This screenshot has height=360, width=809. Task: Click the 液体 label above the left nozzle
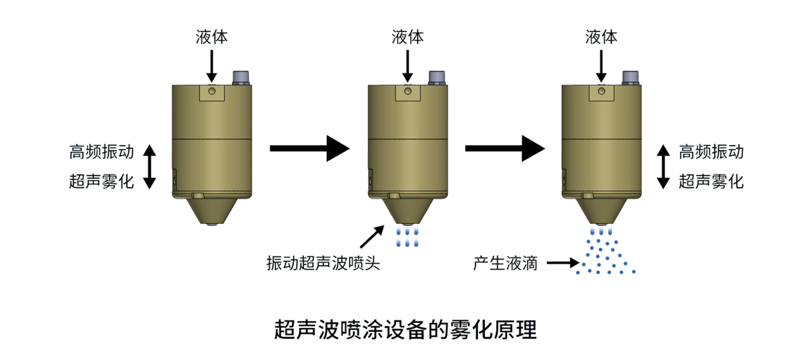coord(212,37)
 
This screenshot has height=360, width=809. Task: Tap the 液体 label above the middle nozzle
coord(407,37)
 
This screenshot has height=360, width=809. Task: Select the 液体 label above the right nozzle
coord(601,37)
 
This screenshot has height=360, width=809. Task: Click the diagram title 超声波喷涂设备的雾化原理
coord(405,330)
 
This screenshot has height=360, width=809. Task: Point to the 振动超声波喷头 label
coord(323,263)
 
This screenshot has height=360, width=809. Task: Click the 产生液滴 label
coord(505,264)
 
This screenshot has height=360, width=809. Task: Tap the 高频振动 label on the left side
coord(102,152)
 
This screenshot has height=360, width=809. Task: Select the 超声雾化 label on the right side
coord(711,181)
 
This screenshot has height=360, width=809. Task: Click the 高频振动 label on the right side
coord(711,152)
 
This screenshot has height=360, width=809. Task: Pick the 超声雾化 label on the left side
coord(102,181)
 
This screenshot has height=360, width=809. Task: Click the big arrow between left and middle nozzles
coord(309,148)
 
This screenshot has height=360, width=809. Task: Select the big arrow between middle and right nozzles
coord(505,148)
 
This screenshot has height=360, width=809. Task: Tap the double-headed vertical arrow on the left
coord(150,167)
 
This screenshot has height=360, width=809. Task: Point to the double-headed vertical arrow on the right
coord(663,167)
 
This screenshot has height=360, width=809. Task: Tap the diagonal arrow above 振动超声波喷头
coord(372,236)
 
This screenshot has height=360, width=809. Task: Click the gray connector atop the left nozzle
coord(241,78)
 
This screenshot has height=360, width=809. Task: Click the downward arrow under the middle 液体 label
coord(407,66)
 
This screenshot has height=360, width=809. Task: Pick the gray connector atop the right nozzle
coord(631,78)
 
